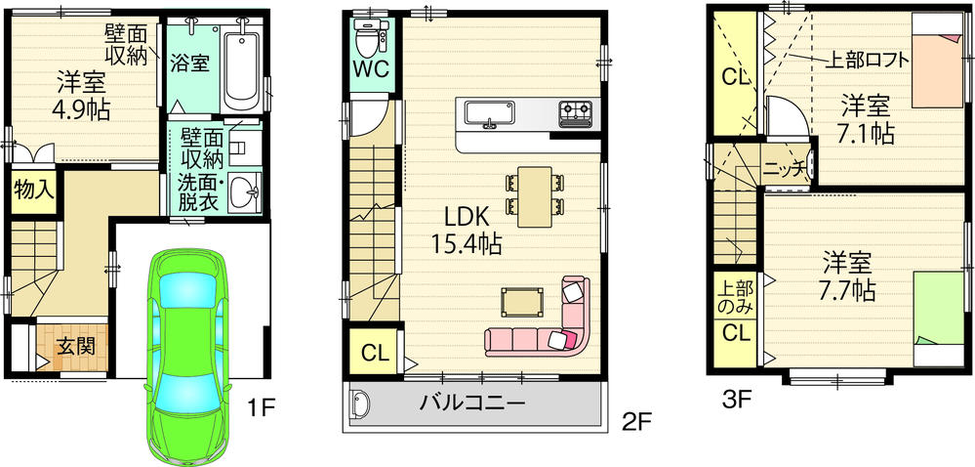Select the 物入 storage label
click(32, 191)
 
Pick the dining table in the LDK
click(535, 193)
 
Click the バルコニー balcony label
click(473, 402)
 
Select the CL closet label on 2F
click(372, 354)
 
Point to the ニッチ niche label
click(783, 169)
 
